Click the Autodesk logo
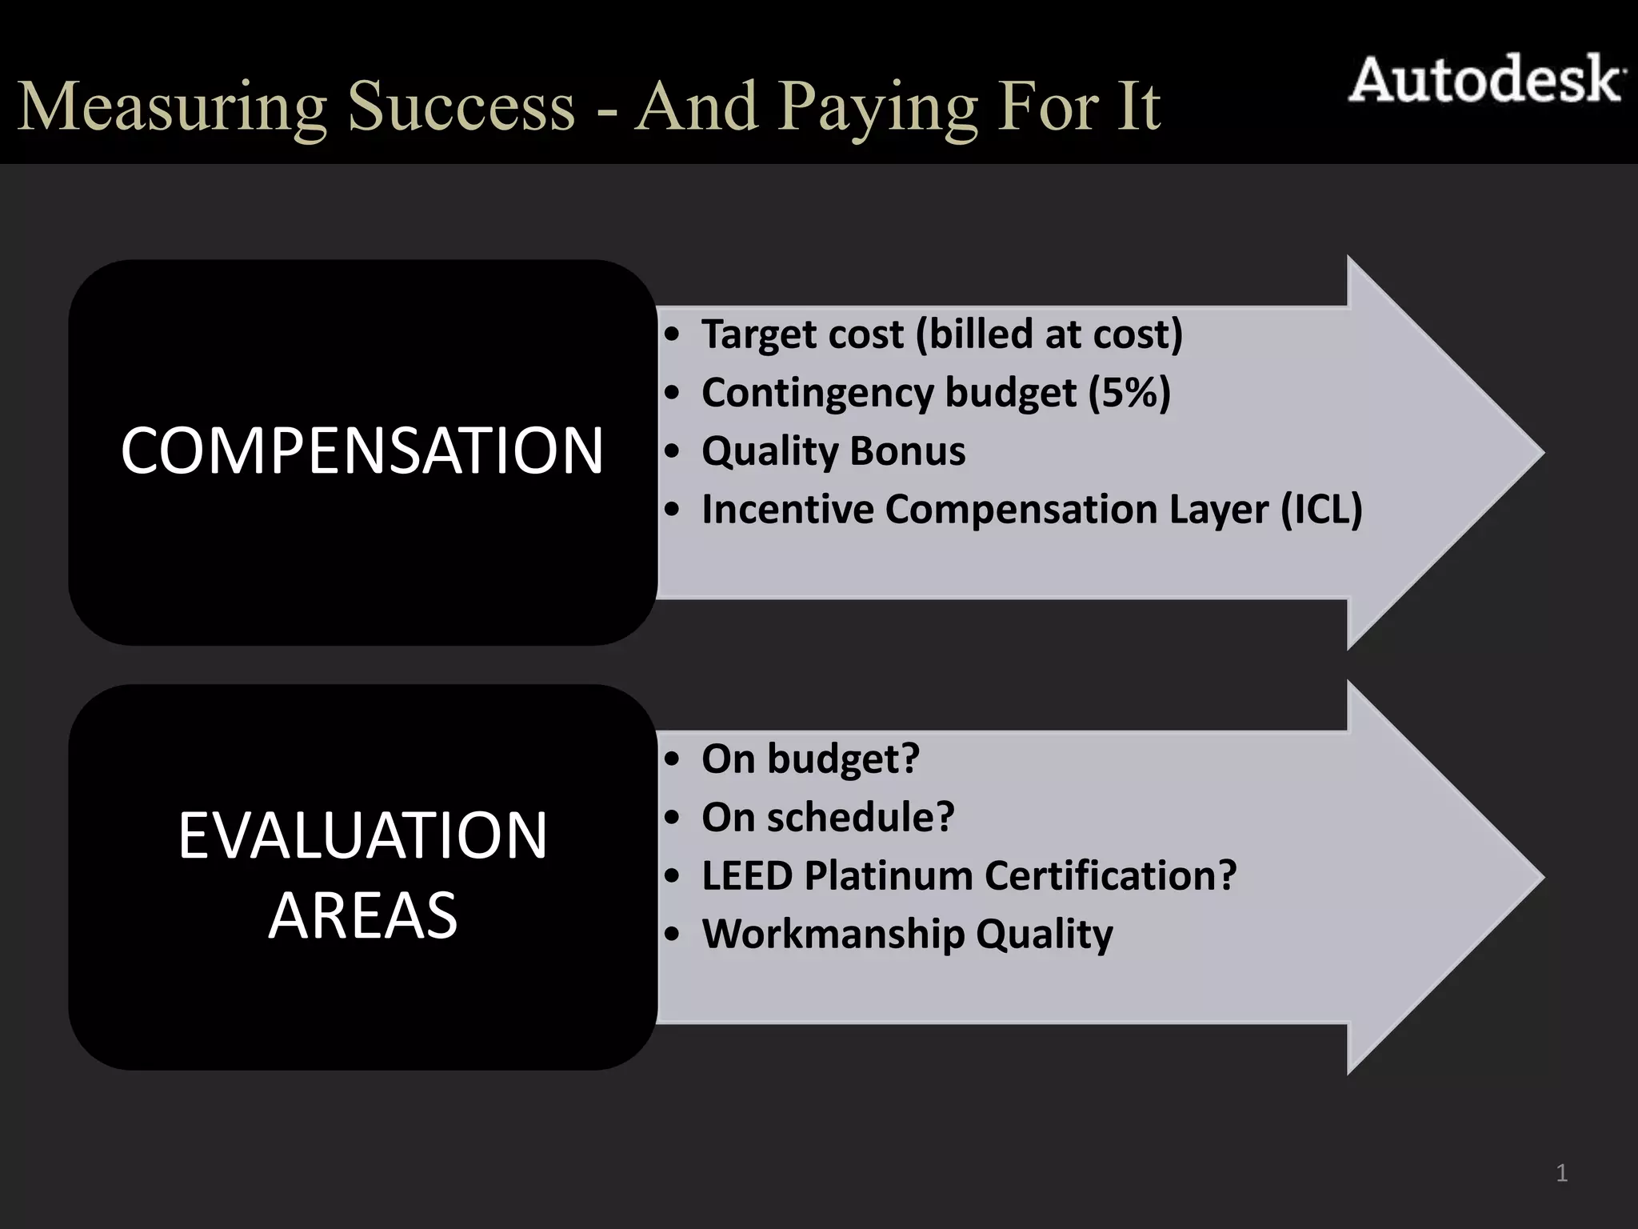pos(1486,81)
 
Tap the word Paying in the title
pos(879,108)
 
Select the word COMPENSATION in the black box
pos(362,451)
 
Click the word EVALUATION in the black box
pos(362,836)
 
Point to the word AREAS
pos(362,915)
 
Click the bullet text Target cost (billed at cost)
pos(941,334)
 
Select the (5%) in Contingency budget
pos(1129,393)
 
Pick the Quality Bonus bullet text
pos(833,451)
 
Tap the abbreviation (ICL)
pos(1321,510)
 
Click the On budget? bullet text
pos(810,759)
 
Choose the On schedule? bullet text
pos(828,817)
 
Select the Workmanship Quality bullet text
pos(907,934)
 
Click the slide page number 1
pos(1561,1174)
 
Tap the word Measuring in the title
pos(172,108)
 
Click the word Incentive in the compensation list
pos(788,510)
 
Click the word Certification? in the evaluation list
pos(1111,875)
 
